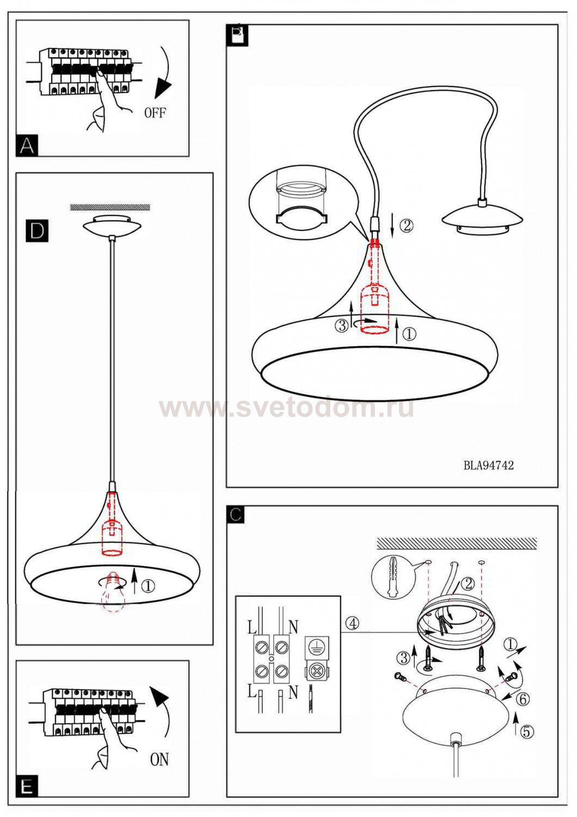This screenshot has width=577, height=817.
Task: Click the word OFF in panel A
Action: [x=155, y=113]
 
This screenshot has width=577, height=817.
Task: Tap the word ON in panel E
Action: [x=159, y=759]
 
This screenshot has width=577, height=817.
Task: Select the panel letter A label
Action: [x=27, y=146]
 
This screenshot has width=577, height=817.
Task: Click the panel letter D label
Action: [x=37, y=231]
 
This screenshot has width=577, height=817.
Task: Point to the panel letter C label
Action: [x=236, y=515]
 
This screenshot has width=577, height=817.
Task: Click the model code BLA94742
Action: [x=488, y=465]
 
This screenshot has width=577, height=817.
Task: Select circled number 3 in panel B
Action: [x=342, y=325]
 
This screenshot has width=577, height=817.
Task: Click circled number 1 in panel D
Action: [x=148, y=586]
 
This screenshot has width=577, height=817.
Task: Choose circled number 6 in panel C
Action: [x=523, y=699]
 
